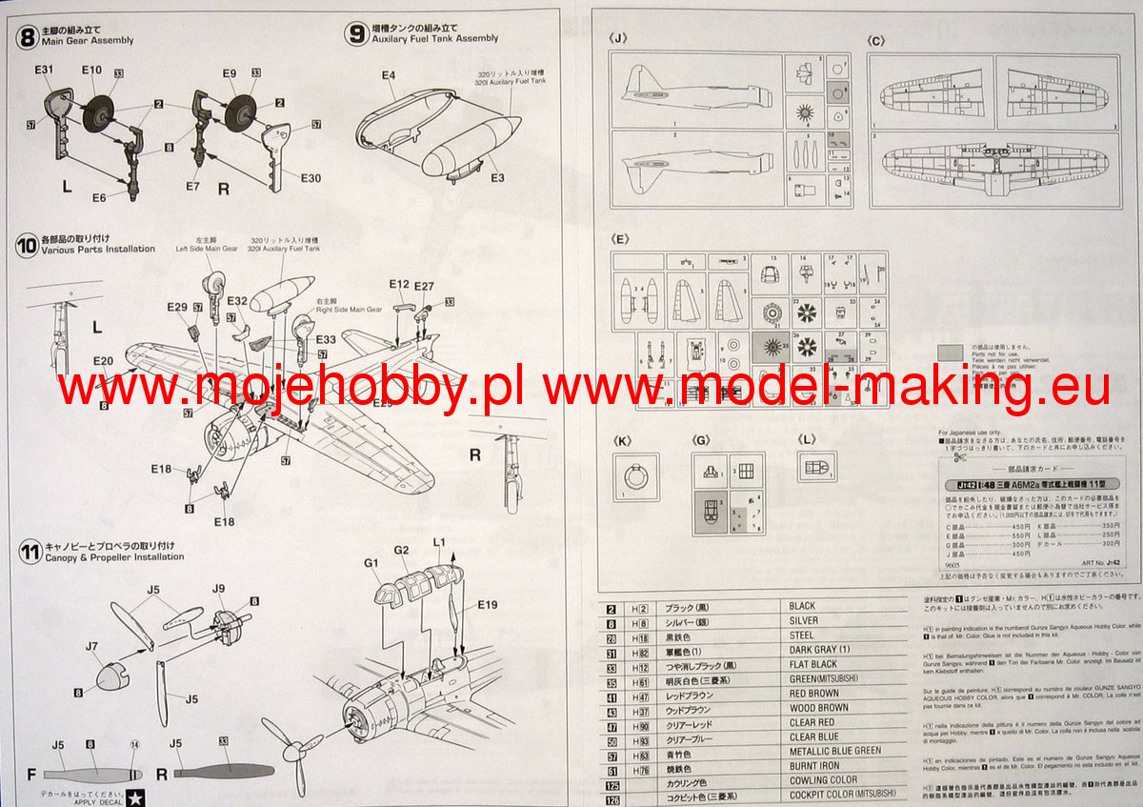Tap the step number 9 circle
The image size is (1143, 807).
(356, 33)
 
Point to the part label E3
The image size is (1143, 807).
(497, 177)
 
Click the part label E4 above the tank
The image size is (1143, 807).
(389, 75)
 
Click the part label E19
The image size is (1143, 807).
(488, 604)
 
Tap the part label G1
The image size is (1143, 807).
(371, 564)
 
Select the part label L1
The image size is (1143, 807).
(439, 540)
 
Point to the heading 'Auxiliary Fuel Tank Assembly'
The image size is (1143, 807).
(435, 39)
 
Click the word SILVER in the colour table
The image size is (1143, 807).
(804, 621)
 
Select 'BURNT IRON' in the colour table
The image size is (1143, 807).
(814, 766)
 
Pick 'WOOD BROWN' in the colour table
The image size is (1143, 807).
(818, 708)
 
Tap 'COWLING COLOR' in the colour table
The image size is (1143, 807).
(823, 780)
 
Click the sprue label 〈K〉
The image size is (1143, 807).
(623, 440)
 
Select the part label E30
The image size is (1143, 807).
(311, 178)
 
